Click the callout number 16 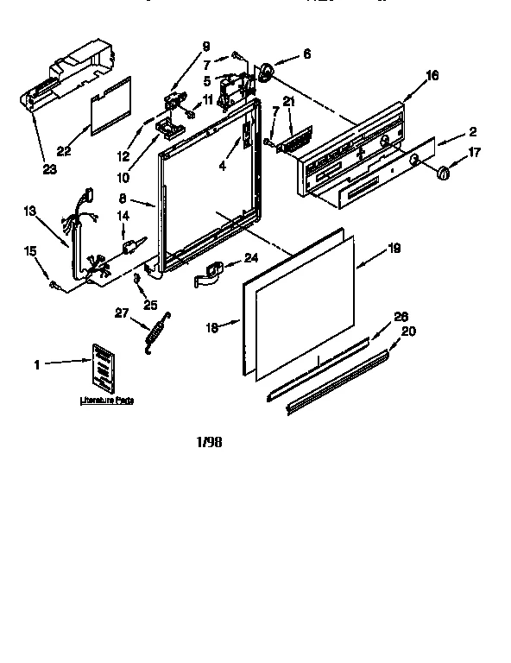[x=432, y=76]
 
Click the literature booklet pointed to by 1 [x=102, y=365]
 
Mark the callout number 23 [x=50, y=169]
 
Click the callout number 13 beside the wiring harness [x=29, y=210]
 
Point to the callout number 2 [x=474, y=132]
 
